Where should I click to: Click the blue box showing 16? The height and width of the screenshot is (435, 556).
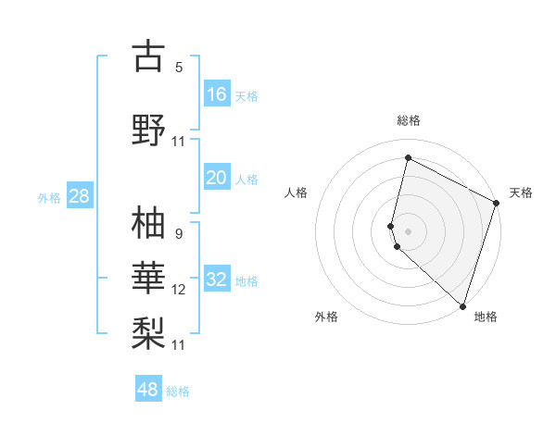(x=217, y=93)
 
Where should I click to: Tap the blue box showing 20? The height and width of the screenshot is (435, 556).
(x=217, y=178)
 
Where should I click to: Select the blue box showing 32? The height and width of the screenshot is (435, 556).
(x=217, y=280)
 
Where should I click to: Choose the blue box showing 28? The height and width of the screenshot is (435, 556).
(x=79, y=196)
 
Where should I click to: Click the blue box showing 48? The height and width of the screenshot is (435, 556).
(x=148, y=390)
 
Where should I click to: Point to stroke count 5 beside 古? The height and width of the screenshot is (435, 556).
(x=179, y=67)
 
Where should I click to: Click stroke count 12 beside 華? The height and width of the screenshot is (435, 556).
(x=179, y=290)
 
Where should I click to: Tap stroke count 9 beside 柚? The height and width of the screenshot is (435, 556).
(x=179, y=233)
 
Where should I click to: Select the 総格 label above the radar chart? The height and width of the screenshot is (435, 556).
(x=408, y=120)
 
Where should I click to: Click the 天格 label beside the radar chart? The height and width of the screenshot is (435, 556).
(x=521, y=193)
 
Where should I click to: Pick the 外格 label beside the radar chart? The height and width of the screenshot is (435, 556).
(x=326, y=317)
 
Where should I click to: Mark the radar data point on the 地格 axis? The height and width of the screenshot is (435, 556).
(x=462, y=306)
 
